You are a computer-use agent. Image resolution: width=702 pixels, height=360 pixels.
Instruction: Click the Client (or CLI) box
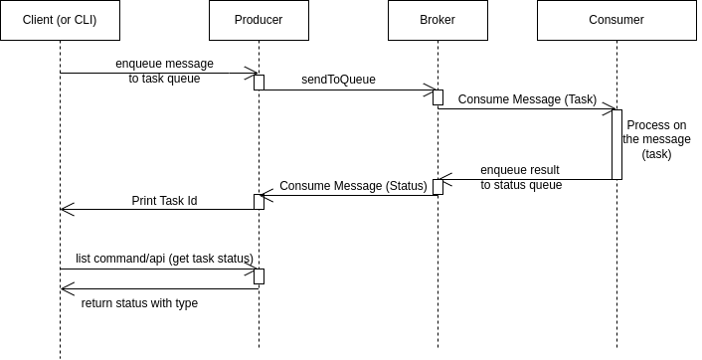(60, 20)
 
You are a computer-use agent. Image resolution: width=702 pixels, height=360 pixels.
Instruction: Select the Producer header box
(259, 20)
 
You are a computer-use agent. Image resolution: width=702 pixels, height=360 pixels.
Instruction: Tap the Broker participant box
(438, 20)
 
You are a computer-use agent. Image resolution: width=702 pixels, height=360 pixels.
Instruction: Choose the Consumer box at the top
(616, 20)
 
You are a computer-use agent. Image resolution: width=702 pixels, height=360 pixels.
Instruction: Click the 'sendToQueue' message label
(338, 80)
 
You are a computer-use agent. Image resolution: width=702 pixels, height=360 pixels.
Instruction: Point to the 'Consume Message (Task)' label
(527, 99)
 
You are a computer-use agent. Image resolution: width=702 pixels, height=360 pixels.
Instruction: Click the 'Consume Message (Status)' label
(353, 186)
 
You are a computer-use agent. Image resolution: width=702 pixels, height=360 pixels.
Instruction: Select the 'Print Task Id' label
(164, 200)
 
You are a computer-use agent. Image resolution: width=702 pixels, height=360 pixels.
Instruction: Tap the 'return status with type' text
(139, 303)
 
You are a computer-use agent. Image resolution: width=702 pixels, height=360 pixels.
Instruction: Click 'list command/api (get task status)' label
(164, 259)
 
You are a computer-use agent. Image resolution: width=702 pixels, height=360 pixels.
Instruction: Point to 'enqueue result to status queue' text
(520, 177)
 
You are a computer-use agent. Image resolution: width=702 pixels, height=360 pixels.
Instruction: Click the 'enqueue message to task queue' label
(164, 72)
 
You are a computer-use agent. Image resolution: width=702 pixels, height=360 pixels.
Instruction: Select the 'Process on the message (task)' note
(656, 139)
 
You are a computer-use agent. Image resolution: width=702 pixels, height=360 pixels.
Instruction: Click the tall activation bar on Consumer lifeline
(616, 144)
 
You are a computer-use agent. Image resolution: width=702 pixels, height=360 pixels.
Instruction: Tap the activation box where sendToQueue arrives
(438, 96)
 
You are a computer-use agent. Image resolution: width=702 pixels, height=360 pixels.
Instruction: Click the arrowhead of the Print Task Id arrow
(66, 209)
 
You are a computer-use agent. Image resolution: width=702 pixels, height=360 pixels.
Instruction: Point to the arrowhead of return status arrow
(66, 288)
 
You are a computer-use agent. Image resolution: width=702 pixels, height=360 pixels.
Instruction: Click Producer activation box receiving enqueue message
(259, 82)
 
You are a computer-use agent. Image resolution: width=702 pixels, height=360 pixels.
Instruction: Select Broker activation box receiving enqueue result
(438, 186)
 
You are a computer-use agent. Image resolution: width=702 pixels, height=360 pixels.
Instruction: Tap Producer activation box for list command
(259, 275)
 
